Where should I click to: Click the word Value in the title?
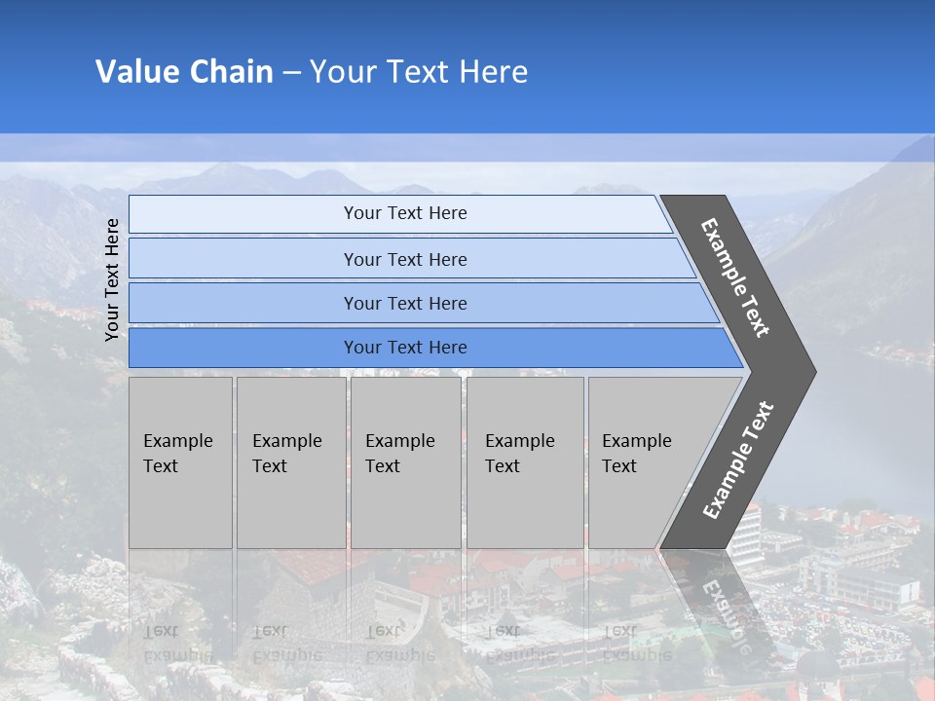[135, 72]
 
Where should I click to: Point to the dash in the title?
[291, 73]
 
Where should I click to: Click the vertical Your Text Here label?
[113, 279]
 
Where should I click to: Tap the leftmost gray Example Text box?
[180, 461]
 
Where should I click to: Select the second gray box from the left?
[290, 461]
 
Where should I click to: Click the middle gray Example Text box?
[405, 461]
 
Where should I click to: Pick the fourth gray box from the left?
[525, 461]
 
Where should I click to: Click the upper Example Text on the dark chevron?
[736, 277]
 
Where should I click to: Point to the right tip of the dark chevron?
[813, 372]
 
